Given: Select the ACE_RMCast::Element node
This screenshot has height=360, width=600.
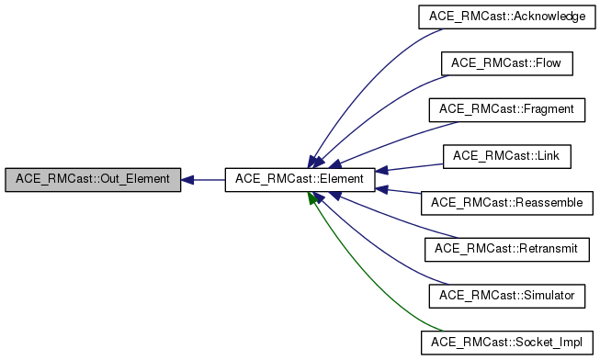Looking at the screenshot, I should coord(300,179).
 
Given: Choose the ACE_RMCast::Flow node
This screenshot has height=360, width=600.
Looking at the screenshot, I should coord(506,63).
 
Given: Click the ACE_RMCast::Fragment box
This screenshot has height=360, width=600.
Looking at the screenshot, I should coord(506,109).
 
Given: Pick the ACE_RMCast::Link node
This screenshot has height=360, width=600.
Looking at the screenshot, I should coord(506,156).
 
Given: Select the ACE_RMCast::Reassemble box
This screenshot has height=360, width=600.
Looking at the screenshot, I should coord(506,202).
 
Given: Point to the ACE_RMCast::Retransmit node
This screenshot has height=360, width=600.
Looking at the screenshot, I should coord(506,249).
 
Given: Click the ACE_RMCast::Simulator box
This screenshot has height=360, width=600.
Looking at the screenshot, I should coord(506,295).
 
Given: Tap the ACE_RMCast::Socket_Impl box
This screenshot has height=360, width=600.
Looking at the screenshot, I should coord(506,342).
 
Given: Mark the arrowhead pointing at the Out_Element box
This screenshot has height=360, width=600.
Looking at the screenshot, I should coord(187,179).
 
